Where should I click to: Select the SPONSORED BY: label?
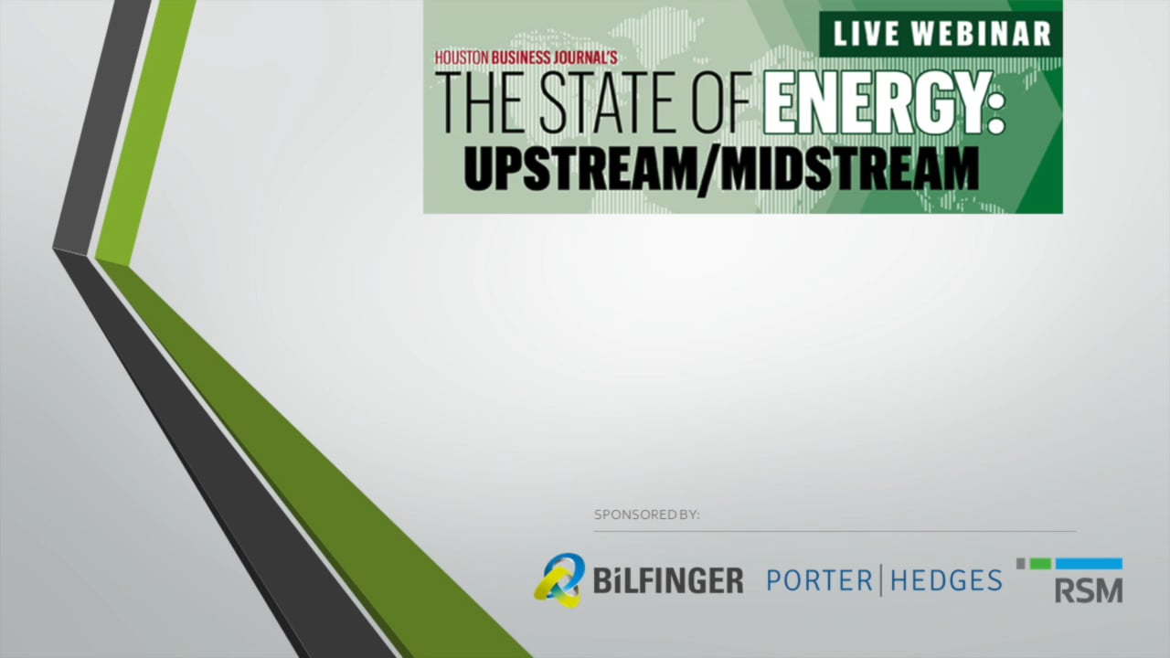646,515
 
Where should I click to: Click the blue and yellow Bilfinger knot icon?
558,579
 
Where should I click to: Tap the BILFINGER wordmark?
667,580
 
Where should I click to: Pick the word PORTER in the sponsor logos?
818,580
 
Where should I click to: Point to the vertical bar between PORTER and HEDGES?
881,580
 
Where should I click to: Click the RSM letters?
1088,590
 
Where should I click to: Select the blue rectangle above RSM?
1089,564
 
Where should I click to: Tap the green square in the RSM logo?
1040,564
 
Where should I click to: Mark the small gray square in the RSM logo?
1021,564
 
